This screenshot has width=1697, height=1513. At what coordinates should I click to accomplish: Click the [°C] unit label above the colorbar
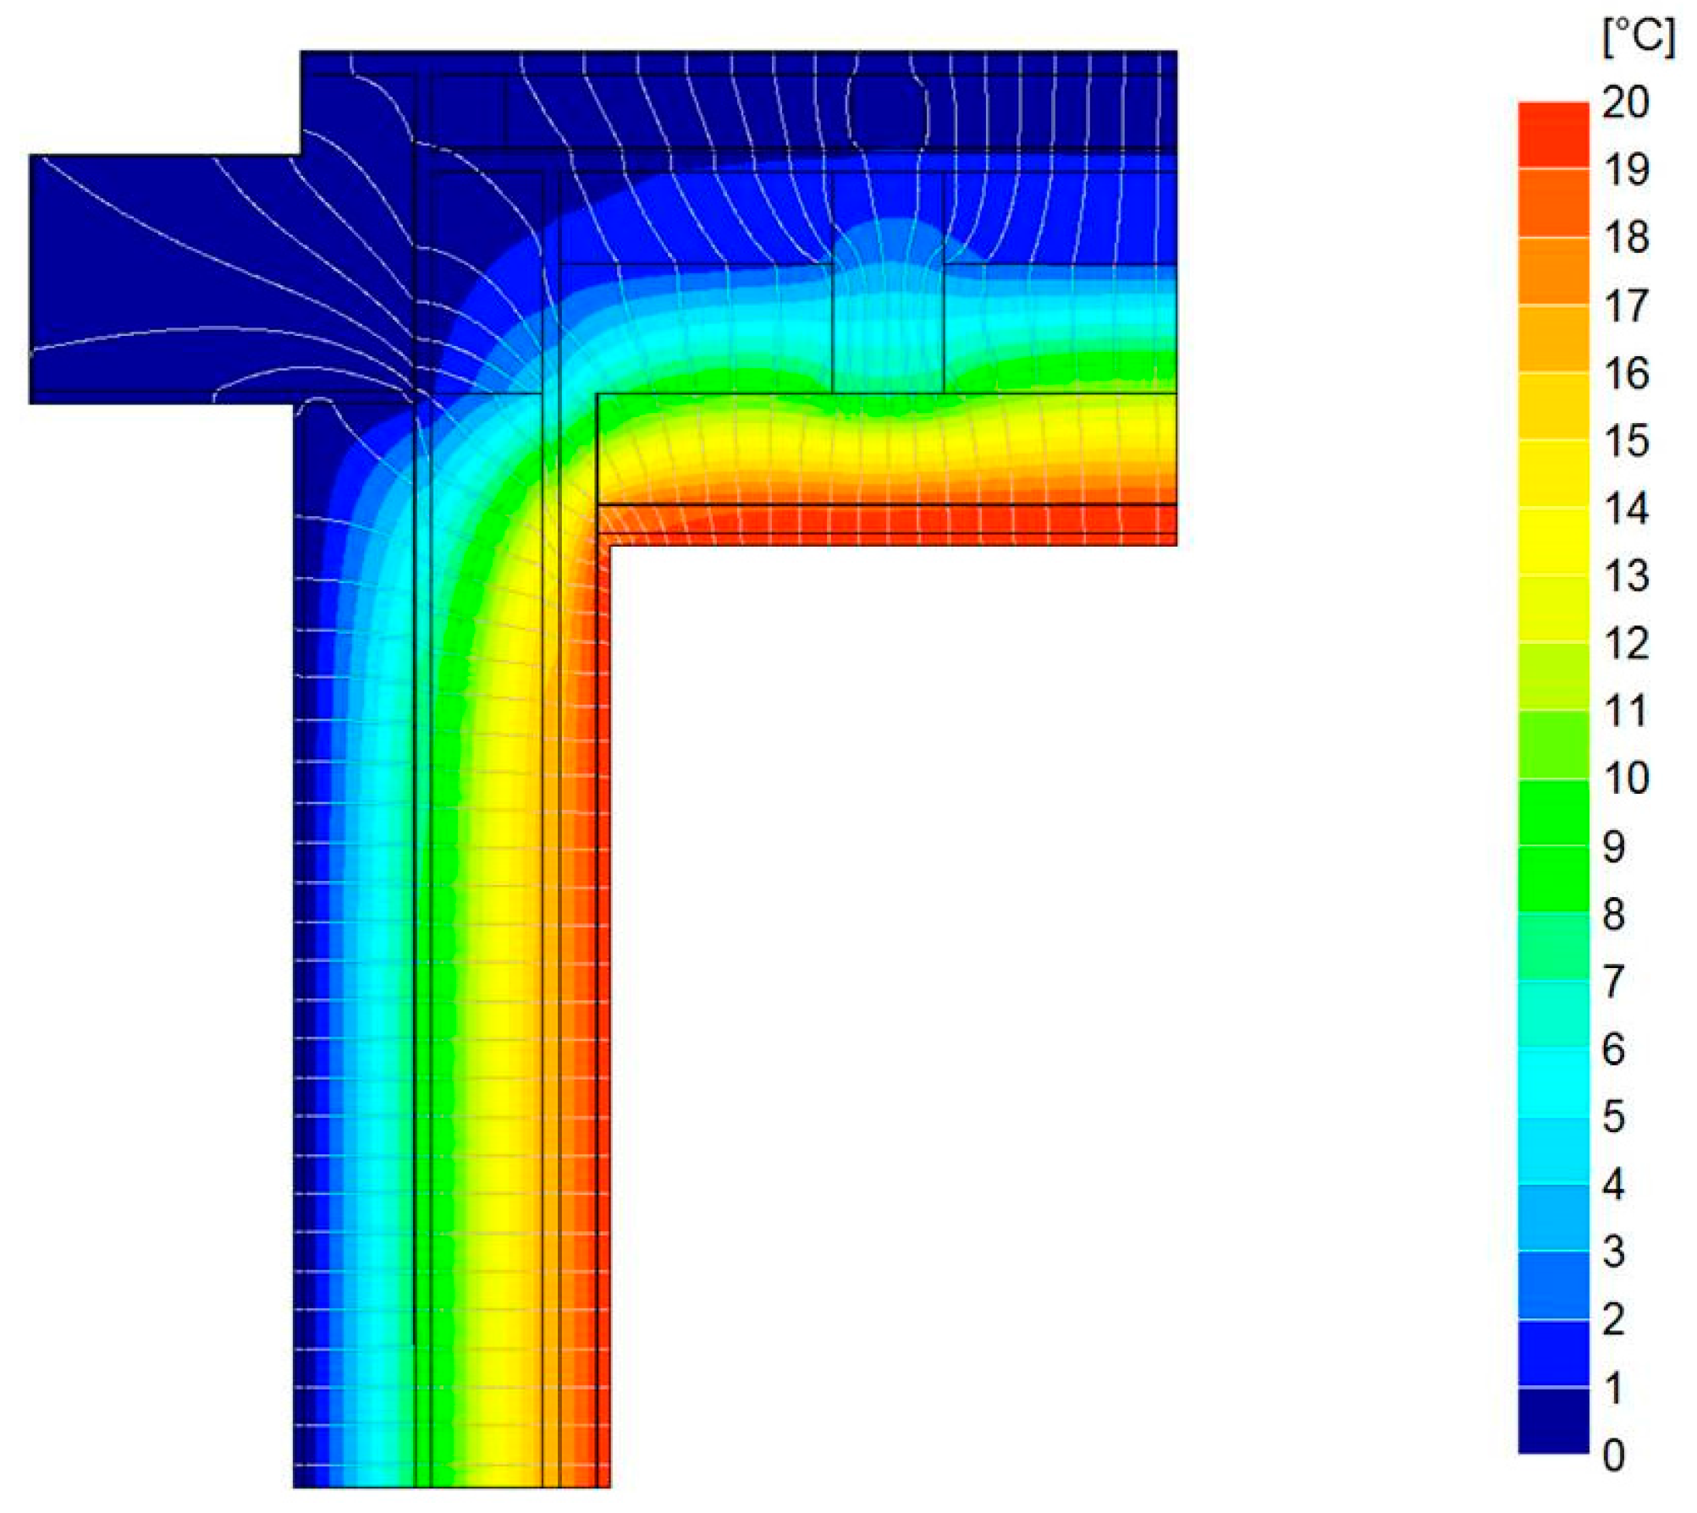pos(1639,38)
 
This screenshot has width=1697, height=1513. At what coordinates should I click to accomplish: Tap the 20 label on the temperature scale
pos(1626,102)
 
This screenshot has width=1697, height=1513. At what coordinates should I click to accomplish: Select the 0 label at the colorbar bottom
pos(1614,1455)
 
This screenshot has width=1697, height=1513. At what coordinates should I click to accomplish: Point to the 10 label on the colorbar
pos(1626,779)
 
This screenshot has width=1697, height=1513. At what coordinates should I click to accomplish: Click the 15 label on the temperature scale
pos(1626,441)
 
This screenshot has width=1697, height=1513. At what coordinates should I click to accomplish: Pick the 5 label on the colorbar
pos(1614,1117)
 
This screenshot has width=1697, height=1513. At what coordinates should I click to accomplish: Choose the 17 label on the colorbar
pos(1626,305)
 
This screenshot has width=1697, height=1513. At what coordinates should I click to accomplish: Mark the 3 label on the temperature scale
pos(1614,1252)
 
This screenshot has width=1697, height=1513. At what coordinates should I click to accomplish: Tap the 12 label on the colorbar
pos(1626,644)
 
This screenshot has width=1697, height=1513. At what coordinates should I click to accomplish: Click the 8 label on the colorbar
pos(1614,915)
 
